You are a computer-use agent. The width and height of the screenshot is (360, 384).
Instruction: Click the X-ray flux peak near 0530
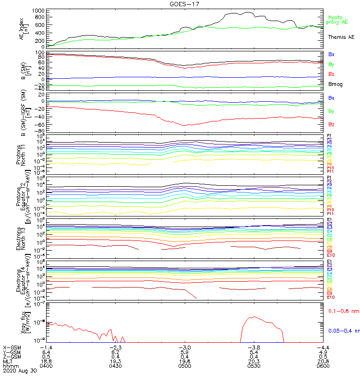point(253,317)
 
